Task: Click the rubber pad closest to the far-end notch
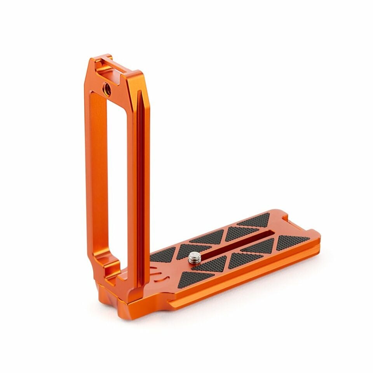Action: click(x=254, y=220)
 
